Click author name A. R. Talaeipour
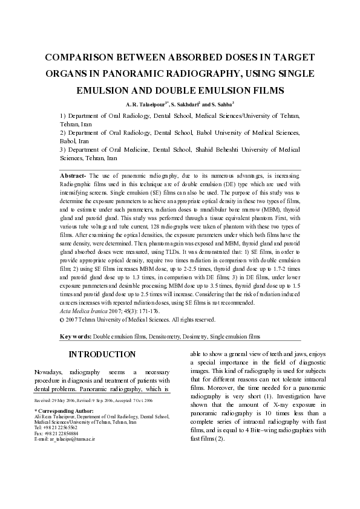point(146,104)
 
